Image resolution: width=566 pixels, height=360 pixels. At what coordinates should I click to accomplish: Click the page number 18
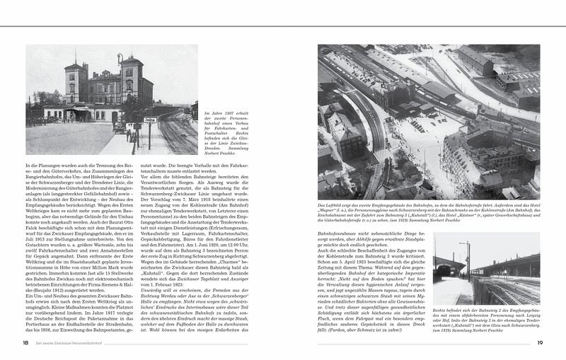pyautogui.click(x=25, y=342)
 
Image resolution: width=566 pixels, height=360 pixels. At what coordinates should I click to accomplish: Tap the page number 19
pyautogui.click(x=539, y=342)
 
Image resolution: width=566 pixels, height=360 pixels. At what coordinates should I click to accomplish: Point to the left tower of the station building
pyautogui.click(x=75, y=81)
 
